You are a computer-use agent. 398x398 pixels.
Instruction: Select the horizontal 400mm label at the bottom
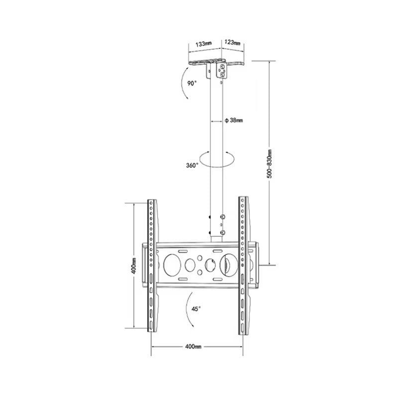[193, 346]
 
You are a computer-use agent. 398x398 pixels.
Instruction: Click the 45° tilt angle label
[196, 308]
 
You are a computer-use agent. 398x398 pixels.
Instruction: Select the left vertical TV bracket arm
[152, 266]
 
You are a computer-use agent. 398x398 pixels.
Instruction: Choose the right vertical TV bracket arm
[243, 266]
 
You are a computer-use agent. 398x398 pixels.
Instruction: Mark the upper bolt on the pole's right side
[222, 217]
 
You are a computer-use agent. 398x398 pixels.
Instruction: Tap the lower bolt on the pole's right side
[222, 232]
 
